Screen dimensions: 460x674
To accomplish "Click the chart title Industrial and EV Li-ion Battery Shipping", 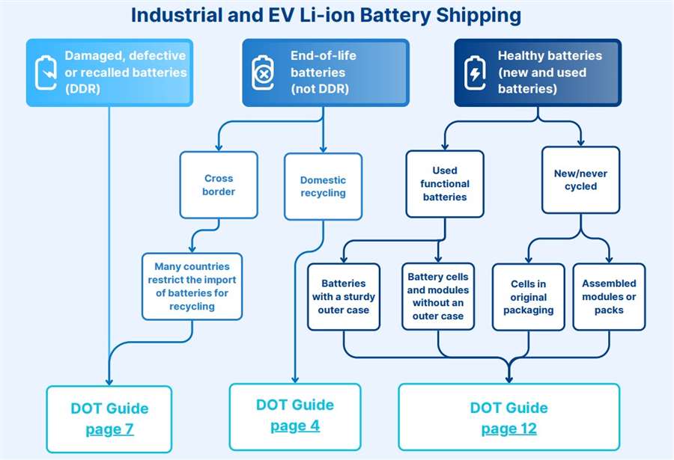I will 326,14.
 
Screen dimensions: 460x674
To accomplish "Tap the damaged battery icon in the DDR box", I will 46,73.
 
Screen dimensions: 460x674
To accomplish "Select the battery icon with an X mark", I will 262,73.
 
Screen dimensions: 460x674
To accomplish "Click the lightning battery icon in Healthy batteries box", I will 475,73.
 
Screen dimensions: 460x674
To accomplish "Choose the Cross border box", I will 219,185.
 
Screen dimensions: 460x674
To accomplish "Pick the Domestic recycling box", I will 323,186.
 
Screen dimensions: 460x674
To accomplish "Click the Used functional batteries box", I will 445,184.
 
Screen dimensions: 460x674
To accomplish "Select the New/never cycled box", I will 580,180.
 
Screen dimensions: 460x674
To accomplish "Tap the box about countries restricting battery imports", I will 192,286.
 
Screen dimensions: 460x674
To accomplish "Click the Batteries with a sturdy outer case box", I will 344,296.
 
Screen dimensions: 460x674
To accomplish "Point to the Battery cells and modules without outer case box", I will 438,296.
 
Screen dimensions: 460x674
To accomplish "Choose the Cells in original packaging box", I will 529,297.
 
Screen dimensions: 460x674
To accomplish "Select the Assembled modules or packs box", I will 609,296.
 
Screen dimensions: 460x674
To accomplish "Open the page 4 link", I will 294,426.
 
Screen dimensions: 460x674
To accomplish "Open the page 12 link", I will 508,429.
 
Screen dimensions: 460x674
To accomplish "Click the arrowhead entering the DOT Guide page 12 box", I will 509,378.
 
